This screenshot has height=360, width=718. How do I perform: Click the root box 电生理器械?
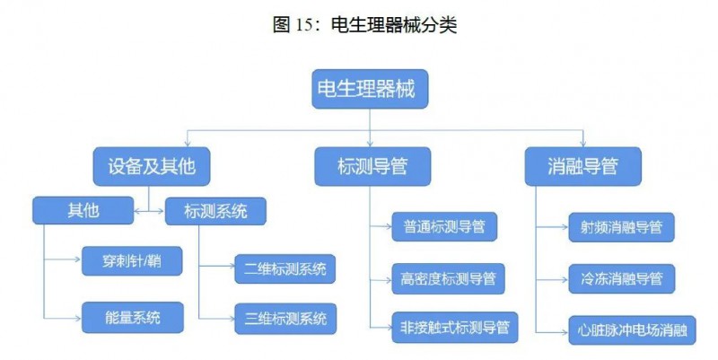click(368, 89)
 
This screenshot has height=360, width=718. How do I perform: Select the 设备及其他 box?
click(144, 166)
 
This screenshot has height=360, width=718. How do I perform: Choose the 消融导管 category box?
click(582, 166)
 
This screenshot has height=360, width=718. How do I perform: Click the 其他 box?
click(83, 210)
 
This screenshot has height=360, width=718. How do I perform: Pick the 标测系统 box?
click(215, 211)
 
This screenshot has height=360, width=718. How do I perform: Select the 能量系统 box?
click(132, 315)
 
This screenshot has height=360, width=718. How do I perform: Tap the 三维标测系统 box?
click(285, 317)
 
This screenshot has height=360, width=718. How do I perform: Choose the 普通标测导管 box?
click(443, 228)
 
